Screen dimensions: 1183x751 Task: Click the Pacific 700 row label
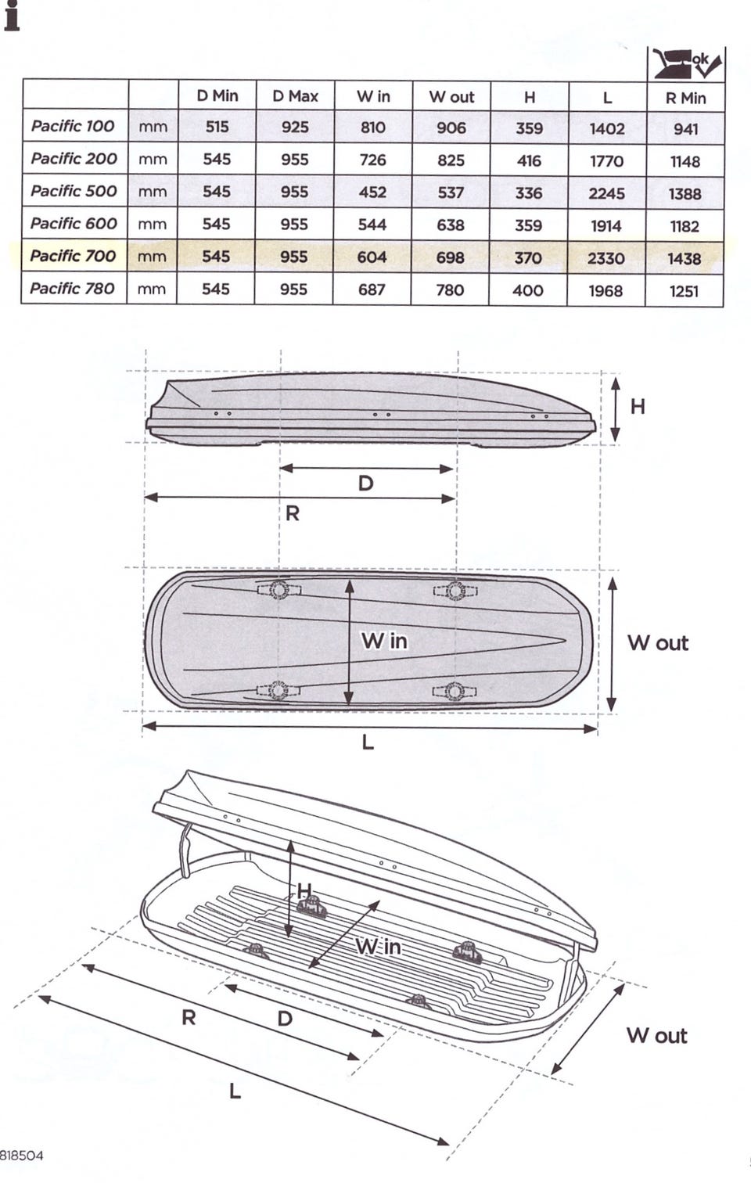pos(73,256)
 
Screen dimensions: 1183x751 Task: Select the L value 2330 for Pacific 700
pos(606,257)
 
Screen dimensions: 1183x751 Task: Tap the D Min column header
pos(217,95)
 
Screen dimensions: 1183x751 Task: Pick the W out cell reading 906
pos(451,128)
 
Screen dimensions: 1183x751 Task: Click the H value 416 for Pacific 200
pos(529,160)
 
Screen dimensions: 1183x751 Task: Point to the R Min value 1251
pos(684,291)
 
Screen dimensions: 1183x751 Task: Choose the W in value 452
pos(372,192)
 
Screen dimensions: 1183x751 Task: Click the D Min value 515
pos(217,127)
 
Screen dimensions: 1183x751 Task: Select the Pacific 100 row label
pos(73,126)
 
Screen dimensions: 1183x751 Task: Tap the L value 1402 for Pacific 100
pos(607,128)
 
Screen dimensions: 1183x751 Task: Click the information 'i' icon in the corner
pos(11,16)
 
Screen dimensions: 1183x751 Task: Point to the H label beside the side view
pos(638,406)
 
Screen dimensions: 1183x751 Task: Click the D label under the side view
pos(365,484)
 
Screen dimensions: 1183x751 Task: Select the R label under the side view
pos(293,513)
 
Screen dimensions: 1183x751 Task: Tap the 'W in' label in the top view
pos(384,641)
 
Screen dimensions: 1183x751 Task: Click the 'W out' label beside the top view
pos(658,643)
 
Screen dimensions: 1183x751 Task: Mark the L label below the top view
pos(368,741)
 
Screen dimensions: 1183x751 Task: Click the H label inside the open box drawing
pos(304,890)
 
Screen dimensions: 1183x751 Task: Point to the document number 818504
pos(21,1156)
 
